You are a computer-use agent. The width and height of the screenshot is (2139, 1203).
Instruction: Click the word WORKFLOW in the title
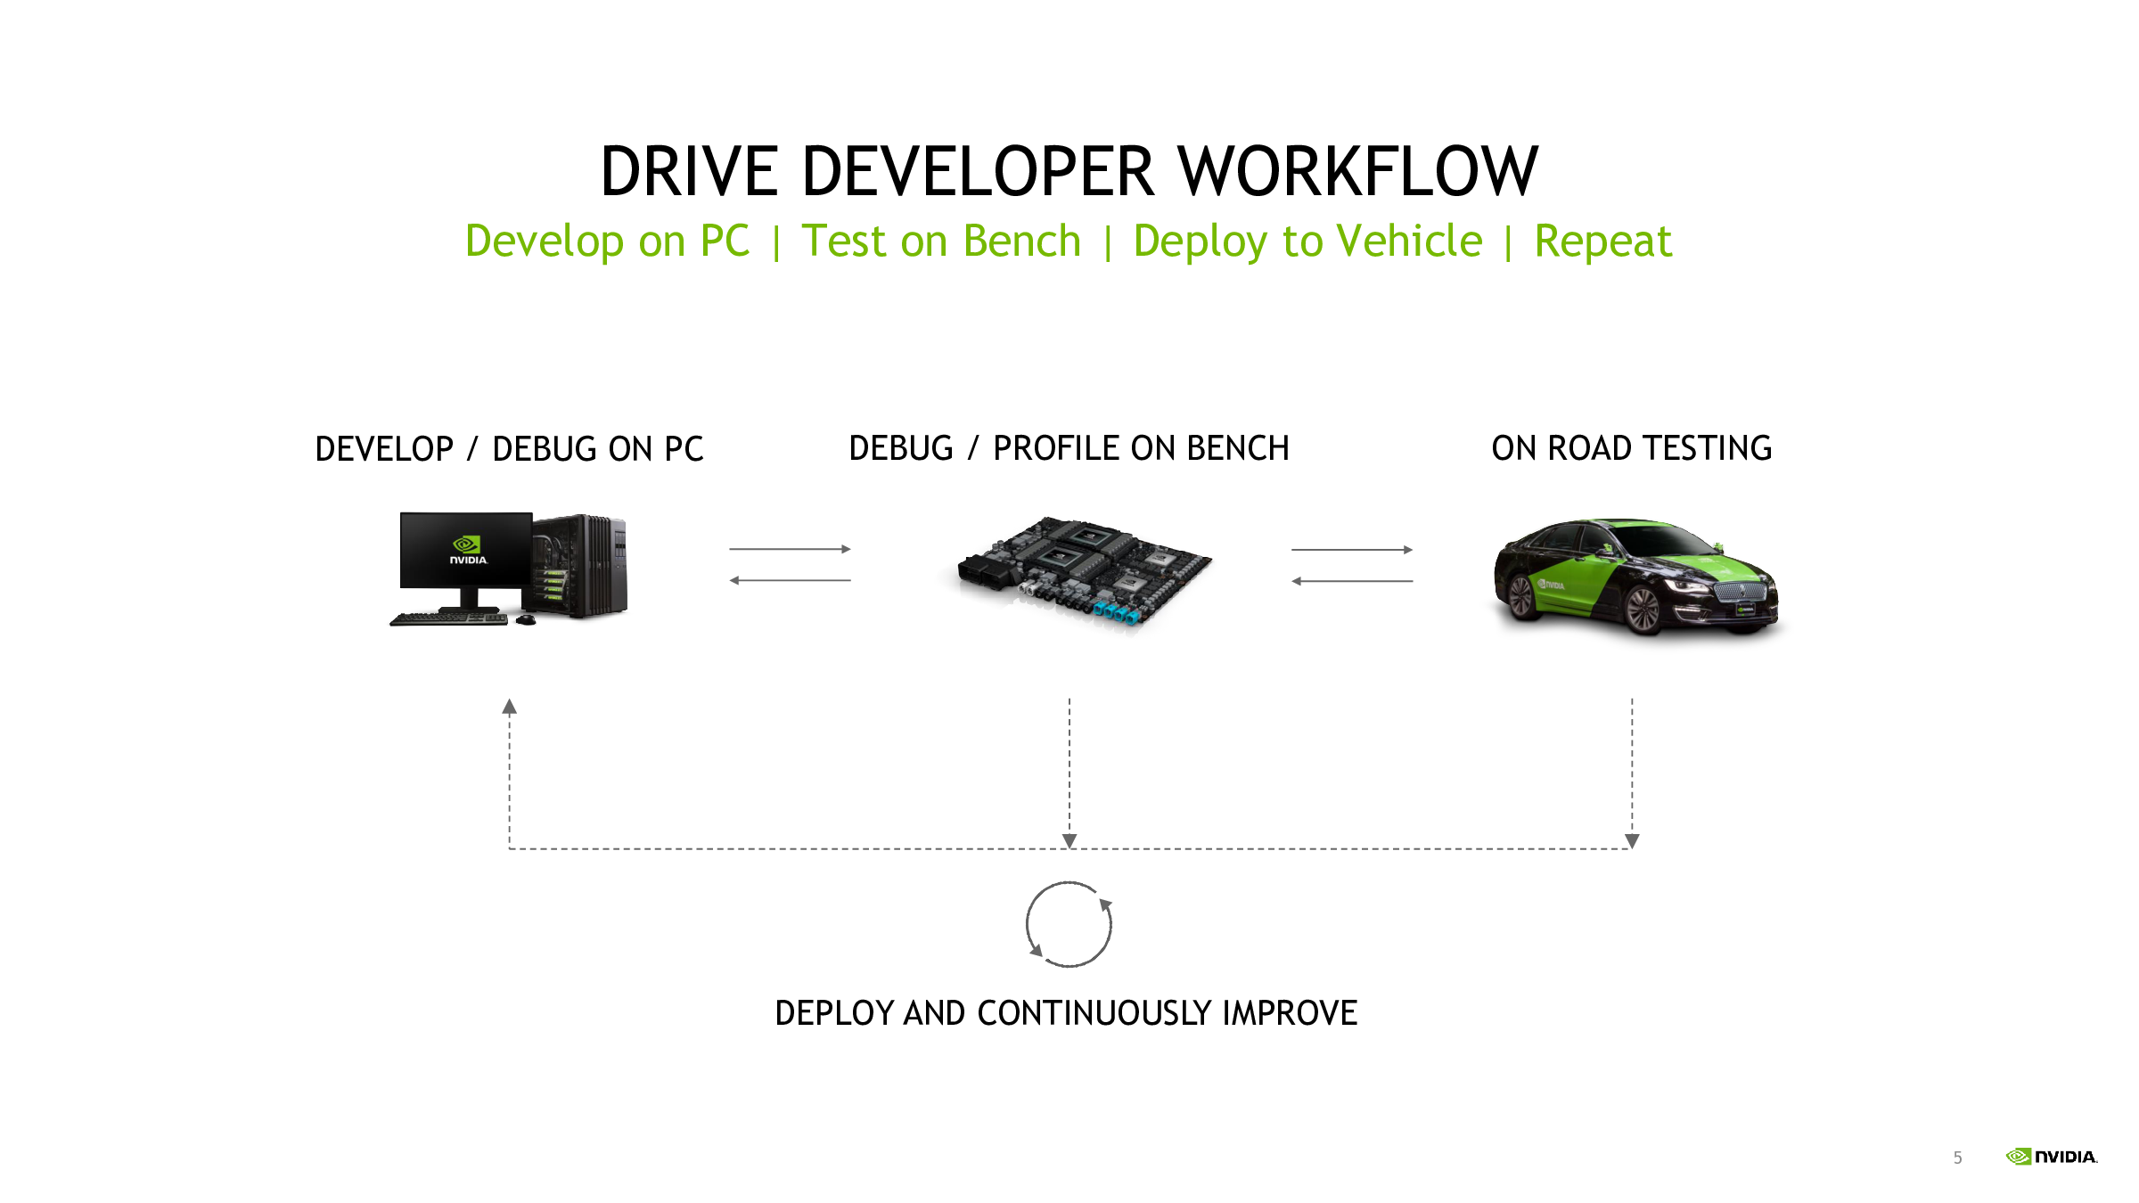click(x=1357, y=171)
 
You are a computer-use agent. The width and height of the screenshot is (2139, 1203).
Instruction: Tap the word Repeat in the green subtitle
click(x=1602, y=241)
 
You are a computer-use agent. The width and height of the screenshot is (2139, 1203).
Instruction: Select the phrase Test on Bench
click(x=941, y=241)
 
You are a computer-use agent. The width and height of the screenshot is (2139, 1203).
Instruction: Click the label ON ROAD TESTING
click(x=1631, y=448)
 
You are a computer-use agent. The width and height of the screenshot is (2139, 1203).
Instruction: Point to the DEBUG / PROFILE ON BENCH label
click(x=1069, y=448)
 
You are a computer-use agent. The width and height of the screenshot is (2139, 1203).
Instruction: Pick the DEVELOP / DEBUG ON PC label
click(x=509, y=449)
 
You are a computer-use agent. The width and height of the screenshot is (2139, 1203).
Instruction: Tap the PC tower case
click(x=580, y=566)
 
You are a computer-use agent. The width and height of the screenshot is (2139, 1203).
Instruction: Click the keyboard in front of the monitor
click(x=449, y=618)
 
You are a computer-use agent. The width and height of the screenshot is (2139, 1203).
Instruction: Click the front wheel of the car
click(x=1642, y=610)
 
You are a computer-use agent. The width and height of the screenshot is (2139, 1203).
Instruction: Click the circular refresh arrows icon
click(x=1069, y=924)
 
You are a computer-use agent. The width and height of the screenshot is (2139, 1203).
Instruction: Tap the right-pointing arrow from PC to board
click(x=790, y=549)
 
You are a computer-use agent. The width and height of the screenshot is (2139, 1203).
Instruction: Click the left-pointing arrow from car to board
click(x=1352, y=581)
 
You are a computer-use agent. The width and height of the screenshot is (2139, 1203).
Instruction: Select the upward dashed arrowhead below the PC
click(x=509, y=707)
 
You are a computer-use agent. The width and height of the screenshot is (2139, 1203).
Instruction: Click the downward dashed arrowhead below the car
click(x=1632, y=840)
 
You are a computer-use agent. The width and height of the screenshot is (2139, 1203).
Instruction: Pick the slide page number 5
click(x=1957, y=1158)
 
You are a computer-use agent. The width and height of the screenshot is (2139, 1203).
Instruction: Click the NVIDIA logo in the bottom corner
click(x=2052, y=1156)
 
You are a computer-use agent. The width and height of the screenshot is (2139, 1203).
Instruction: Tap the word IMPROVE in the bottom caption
click(x=1290, y=1013)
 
